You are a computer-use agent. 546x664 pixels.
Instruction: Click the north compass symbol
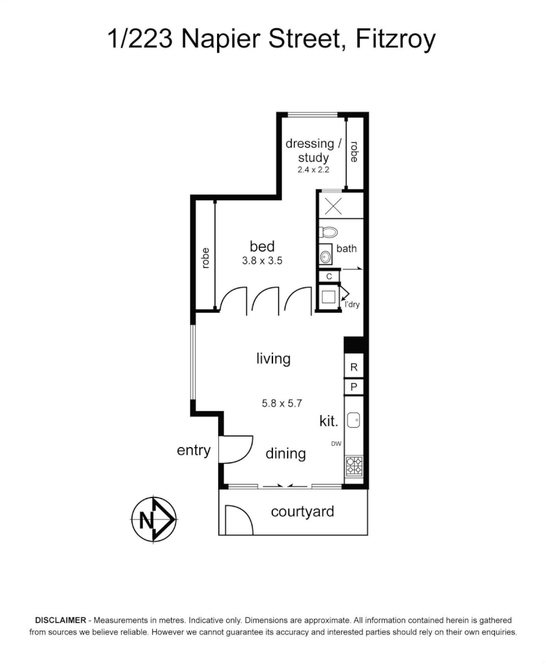(153, 520)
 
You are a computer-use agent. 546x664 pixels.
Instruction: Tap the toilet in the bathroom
(328, 233)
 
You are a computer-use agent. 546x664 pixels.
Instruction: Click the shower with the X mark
(333, 205)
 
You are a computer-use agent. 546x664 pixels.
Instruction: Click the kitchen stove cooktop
(354, 466)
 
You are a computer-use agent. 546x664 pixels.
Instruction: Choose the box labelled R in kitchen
(354, 367)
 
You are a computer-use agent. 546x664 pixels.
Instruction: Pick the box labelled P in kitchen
(354, 387)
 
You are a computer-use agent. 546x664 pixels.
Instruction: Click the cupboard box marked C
(329, 277)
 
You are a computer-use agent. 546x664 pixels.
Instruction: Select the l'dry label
(352, 304)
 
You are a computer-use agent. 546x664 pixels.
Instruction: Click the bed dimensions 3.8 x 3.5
(262, 261)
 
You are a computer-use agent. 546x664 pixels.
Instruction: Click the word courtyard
(303, 512)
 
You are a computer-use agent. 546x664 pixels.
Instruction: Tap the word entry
(194, 450)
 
